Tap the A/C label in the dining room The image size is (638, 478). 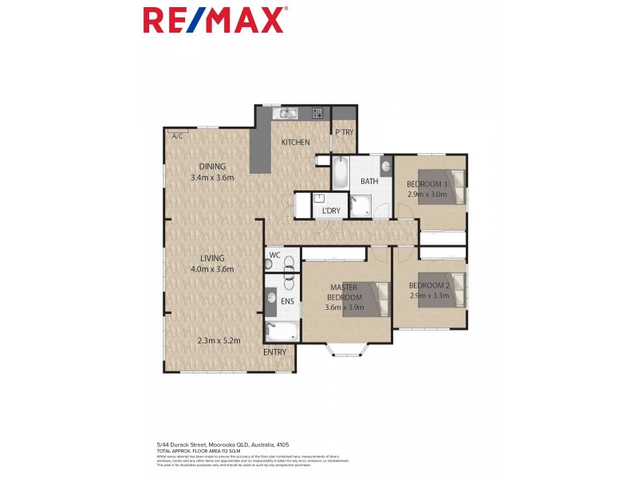[176, 136]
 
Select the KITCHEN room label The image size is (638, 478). [295, 143]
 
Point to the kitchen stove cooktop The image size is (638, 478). [317, 113]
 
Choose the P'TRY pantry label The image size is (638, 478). [344, 132]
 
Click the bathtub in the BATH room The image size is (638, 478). [341, 173]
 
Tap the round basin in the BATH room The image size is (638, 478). [386, 167]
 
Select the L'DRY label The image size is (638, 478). [330, 210]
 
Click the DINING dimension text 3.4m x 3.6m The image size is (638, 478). [212, 177]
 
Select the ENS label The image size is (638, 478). [287, 303]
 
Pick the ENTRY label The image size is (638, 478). [276, 351]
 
